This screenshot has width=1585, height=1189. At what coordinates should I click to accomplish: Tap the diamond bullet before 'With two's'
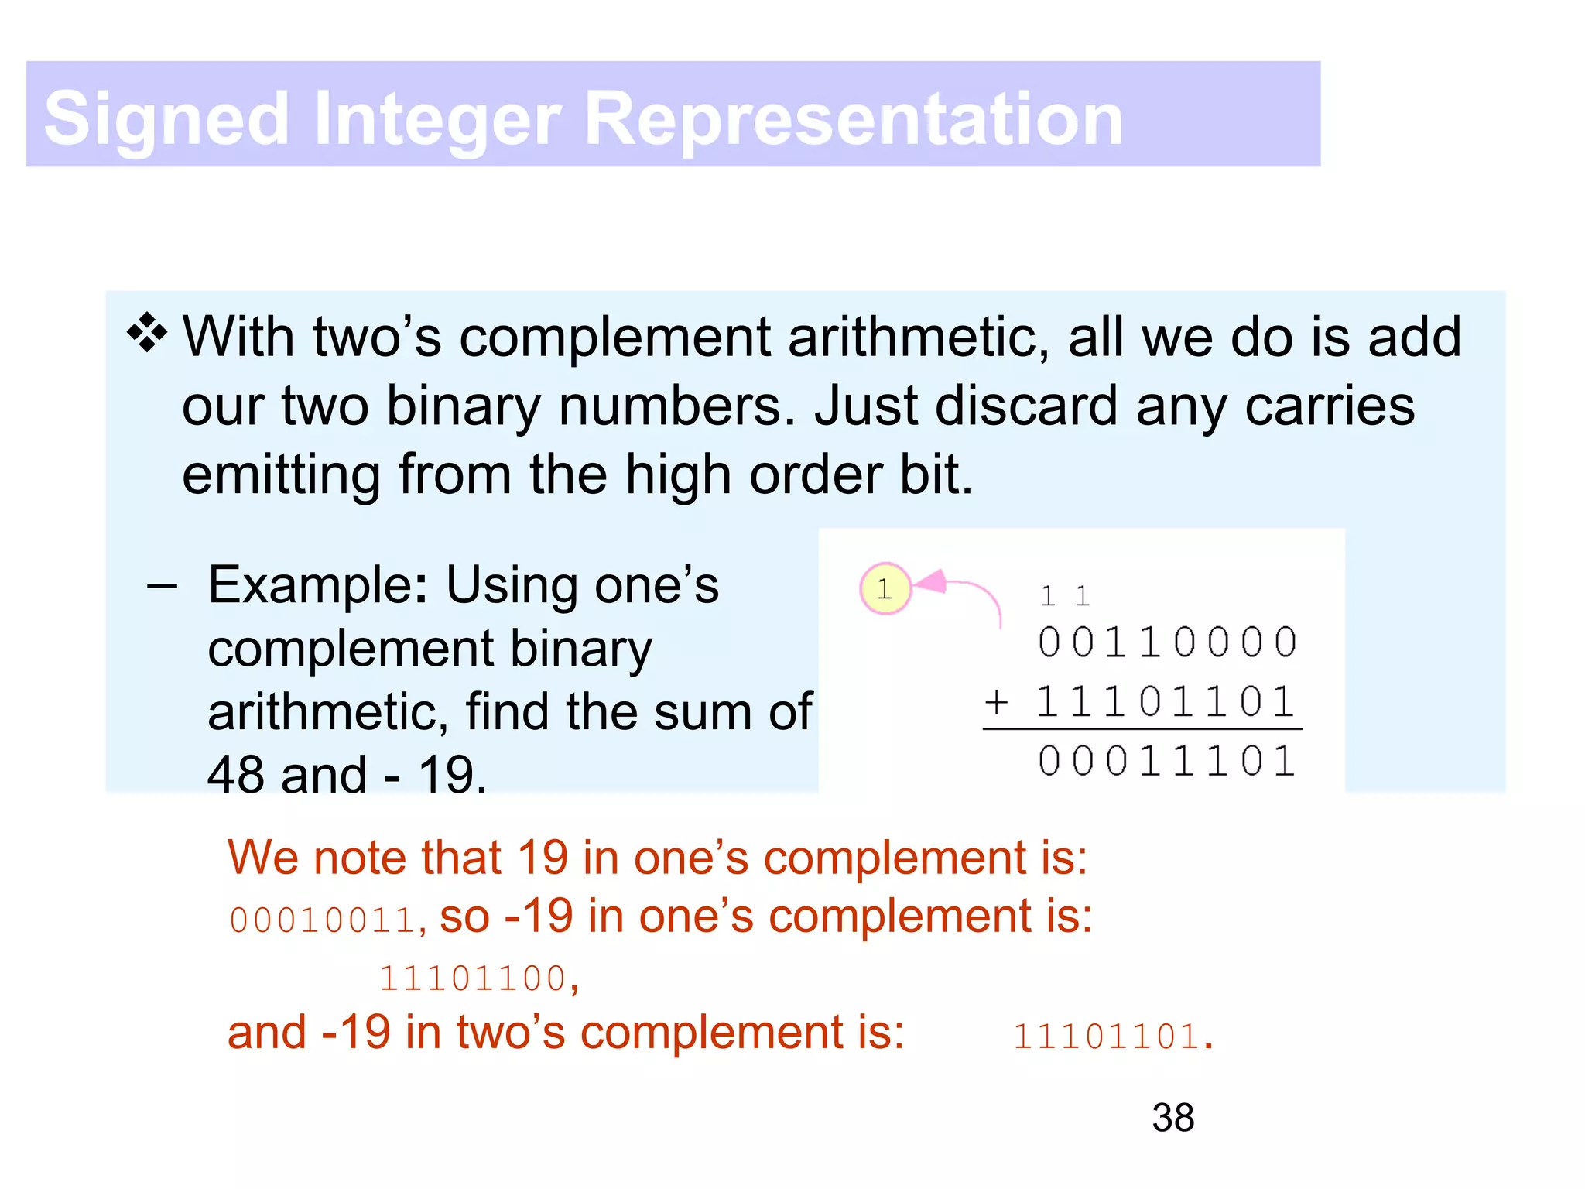point(146,334)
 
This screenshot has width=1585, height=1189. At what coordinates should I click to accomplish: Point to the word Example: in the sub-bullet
point(317,585)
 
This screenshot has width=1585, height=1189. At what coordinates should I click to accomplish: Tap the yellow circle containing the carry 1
point(885,589)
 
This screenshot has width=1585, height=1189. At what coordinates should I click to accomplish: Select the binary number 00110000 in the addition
point(1167,642)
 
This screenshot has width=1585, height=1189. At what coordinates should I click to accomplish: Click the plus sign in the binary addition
point(996,703)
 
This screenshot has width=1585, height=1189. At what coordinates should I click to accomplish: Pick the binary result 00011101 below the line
point(1167,760)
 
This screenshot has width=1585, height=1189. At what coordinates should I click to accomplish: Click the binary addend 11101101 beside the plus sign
point(1166,703)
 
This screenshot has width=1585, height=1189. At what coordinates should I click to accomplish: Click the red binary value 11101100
point(473,978)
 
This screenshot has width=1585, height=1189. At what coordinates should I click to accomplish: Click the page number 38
point(1172,1118)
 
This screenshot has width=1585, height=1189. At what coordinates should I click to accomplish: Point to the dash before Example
point(162,586)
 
